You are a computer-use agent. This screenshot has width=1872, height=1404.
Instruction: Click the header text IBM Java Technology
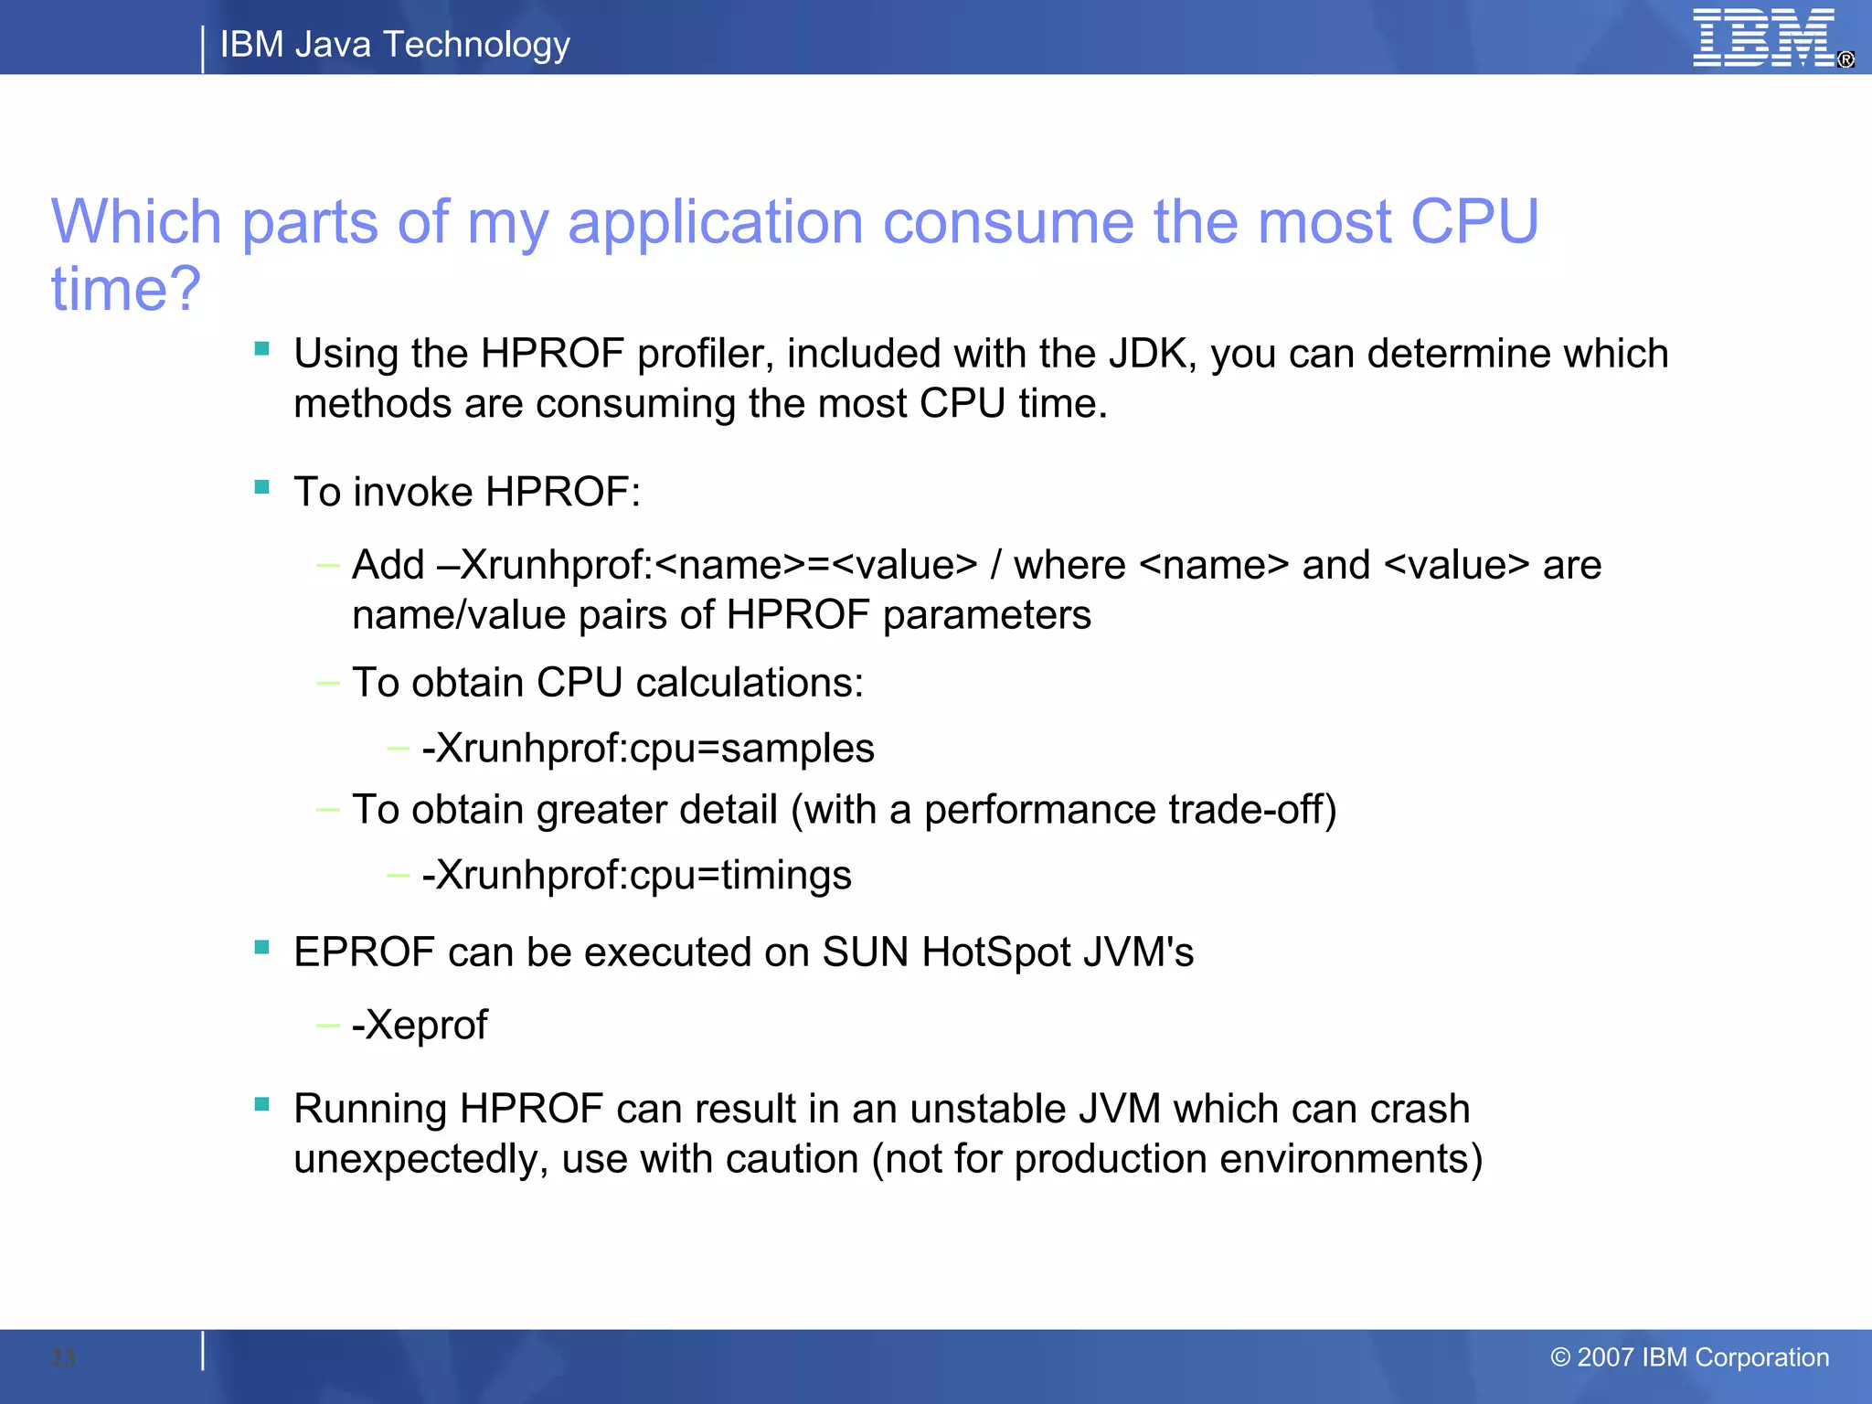point(395,44)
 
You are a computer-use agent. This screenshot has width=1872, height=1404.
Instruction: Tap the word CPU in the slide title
point(1474,222)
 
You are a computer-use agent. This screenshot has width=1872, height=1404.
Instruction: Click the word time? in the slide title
point(126,289)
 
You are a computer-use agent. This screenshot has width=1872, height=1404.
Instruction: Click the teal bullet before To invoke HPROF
point(262,487)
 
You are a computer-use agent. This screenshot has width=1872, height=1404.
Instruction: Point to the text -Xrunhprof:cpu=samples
point(648,749)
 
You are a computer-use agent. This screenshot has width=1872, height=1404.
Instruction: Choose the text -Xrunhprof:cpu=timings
point(636,876)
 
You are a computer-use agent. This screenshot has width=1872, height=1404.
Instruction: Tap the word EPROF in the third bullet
point(364,952)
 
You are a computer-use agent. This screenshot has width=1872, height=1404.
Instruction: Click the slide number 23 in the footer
point(63,1357)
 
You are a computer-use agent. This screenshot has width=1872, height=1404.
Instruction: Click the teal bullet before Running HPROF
point(262,1104)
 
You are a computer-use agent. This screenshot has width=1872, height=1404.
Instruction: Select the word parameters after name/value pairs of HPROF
point(987,615)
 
